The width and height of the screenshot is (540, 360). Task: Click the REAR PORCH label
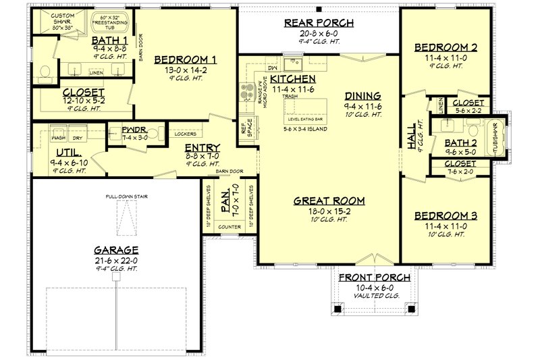[319, 24]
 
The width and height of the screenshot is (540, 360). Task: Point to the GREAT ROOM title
[329, 201]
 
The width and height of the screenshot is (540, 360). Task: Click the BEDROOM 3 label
[446, 216]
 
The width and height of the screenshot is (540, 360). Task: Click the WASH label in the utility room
[59, 137]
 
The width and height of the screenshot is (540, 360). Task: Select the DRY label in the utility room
[78, 137]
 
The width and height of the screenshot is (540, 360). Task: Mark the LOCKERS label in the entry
[182, 134]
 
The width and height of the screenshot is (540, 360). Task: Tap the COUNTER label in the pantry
[230, 227]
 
